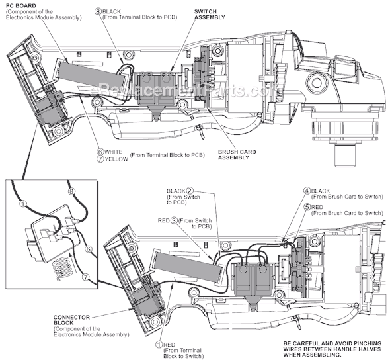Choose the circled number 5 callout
click(307, 206)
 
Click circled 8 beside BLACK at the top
click(98, 11)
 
